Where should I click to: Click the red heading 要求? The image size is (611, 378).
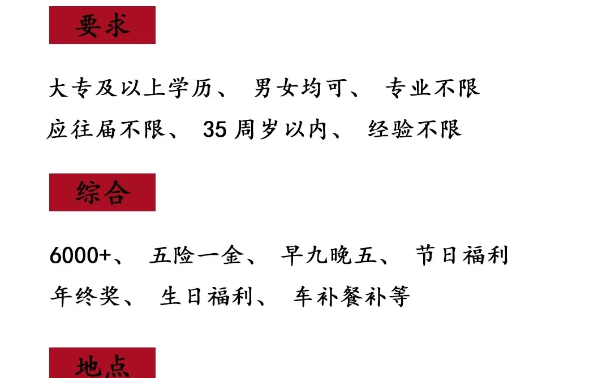pyautogui.click(x=102, y=25)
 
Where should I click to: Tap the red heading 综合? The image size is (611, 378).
pyautogui.click(x=102, y=193)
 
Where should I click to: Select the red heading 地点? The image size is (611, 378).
pyautogui.click(x=102, y=364)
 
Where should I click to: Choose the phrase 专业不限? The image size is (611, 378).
pyautogui.click(x=432, y=88)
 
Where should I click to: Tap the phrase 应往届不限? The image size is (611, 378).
pyautogui.click(x=106, y=130)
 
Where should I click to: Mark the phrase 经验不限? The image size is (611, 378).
pyautogui.click(x=415, y=130)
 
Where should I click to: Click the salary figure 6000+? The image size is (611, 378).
pyautogui.click(x=80, y=256)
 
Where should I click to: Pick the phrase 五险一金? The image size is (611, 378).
pyautogui.click(x=196, y=256)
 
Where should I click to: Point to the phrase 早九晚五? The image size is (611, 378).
pyautogui.click(x=328, y=256)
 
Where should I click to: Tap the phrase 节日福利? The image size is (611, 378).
pyautogui.click(x=462, y=255)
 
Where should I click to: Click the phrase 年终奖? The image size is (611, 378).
pyautogui.click(x=85, y=297)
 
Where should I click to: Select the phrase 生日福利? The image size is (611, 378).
pyautogui.click(x=206, y=297)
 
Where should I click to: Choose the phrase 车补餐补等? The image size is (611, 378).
pyautogui.click(x=351, y=297)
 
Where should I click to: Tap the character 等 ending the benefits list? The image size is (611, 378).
pyautogui.click(x=399, y=297)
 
